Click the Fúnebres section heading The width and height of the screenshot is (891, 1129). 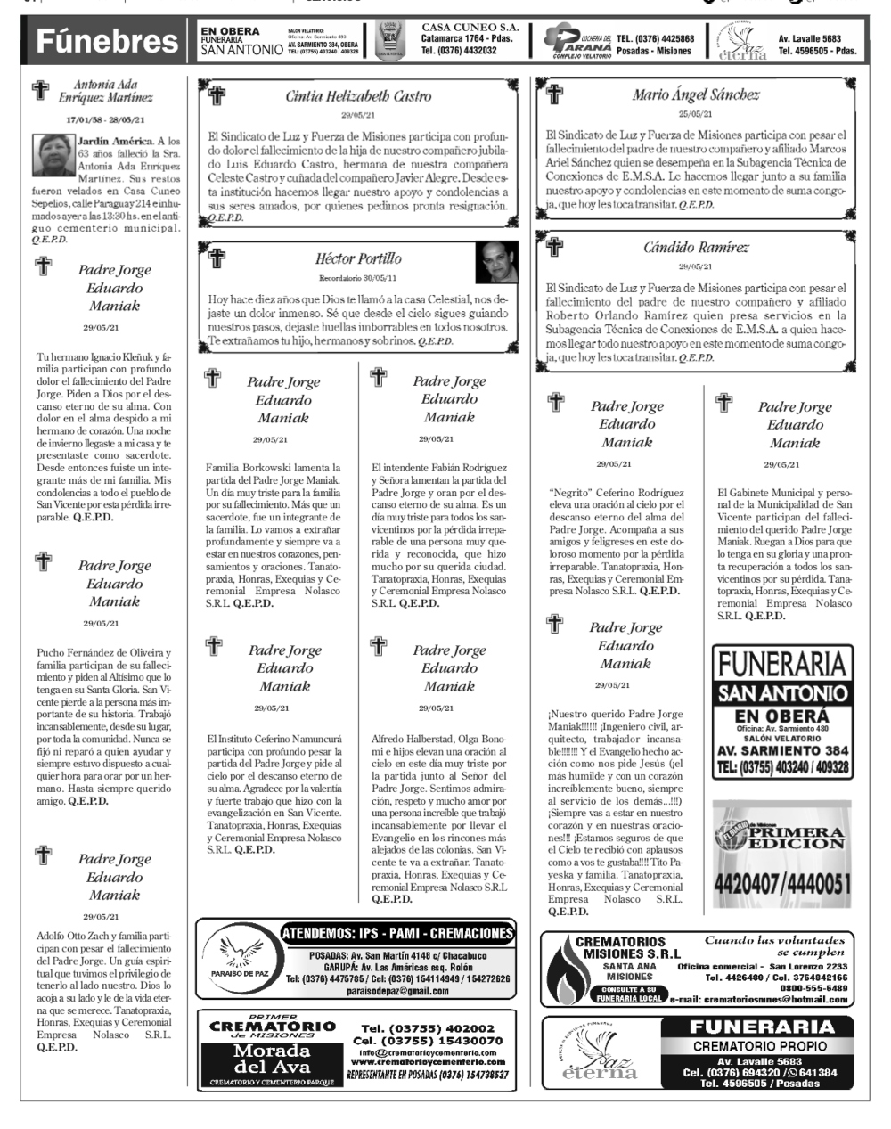(x=106, y=41)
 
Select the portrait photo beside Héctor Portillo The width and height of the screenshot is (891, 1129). (x=496, y=263)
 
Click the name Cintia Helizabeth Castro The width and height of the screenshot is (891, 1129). (x=358, y=96)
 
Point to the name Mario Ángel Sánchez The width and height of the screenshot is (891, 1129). (x=696, y=94)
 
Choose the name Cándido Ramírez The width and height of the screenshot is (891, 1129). (x=696, y=248)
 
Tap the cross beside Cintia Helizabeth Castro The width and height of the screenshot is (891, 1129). (x=217, y=94)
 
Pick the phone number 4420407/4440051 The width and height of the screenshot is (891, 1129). (x=782, y=885)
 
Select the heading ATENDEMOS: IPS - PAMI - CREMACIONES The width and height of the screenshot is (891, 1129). (x=397, y=934)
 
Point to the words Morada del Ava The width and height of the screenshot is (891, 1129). (x=271, y=1059)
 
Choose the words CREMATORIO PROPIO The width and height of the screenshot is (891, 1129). (x=760, y=1045)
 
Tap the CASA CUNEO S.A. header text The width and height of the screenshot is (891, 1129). (x=470, y=29)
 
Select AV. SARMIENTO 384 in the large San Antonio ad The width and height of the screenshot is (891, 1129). (x=782, y=751)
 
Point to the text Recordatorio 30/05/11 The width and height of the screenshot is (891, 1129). (x=358, y=279)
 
